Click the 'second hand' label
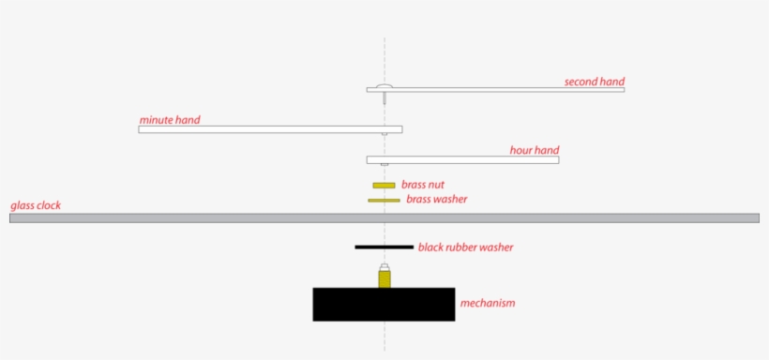coord(594,82)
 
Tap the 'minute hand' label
coord(170,120)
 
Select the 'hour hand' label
coord(535,150)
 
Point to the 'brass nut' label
coord(423,185)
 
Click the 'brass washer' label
coord(436,200)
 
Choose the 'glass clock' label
coord(36,205)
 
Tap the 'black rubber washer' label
coord(465,247)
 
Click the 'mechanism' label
coord(487,303)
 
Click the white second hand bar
coord(506,90)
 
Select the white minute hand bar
coord(263,129)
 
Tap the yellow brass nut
coord(384,186)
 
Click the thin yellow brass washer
coord(384,200)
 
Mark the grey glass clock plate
coord(188,218)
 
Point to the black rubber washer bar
coord(384,247)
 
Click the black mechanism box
coord(384,305)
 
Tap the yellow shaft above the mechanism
coord(384,279)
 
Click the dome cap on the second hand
coord(384,86)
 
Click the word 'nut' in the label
coord(435,185)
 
